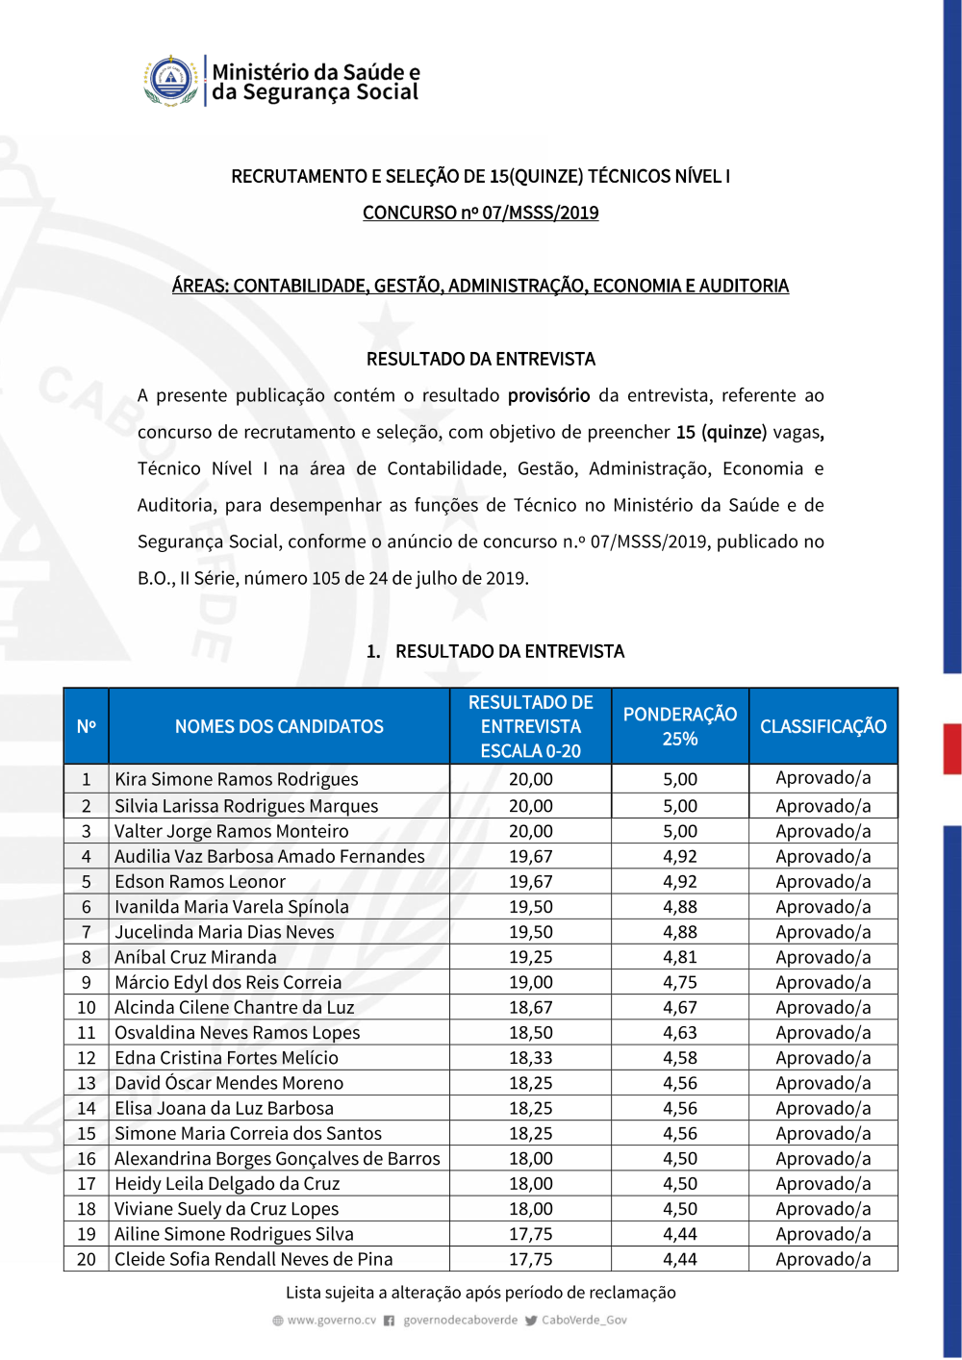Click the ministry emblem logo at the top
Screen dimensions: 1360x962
tap(171, 80)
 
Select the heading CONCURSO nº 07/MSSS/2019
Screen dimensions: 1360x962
tap(480, 213)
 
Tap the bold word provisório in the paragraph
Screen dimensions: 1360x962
tap(548, 395)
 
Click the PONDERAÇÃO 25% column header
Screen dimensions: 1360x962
tap(679, 726)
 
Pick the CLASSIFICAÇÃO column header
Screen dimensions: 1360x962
tap(823, 726)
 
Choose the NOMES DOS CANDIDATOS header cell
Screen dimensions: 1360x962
tap(279, 726)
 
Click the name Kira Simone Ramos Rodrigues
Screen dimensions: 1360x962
tap(236, 779)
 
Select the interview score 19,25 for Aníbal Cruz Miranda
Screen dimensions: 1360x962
tap(530, 957)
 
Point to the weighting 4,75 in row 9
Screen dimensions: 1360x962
tap(679, 982)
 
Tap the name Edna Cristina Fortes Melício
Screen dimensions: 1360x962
tap(226, 1058)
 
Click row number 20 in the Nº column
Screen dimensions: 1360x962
tap(87, 1259)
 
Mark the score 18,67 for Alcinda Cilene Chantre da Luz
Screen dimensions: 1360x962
tap(530, 1007)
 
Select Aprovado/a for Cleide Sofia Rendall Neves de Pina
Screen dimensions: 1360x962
tap(823, 1259)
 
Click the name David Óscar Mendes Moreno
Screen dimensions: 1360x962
tap(228, 1083)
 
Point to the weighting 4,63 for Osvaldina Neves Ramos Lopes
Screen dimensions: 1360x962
tap(679, 1033)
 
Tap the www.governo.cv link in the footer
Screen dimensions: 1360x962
tap(331, 1321)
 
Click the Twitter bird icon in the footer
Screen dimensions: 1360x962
tap(531, 1321)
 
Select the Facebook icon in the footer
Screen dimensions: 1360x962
tap(390, 1321)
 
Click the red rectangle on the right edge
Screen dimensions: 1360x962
tap(951, 748)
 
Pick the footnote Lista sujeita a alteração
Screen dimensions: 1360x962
tap(480, 1293)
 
